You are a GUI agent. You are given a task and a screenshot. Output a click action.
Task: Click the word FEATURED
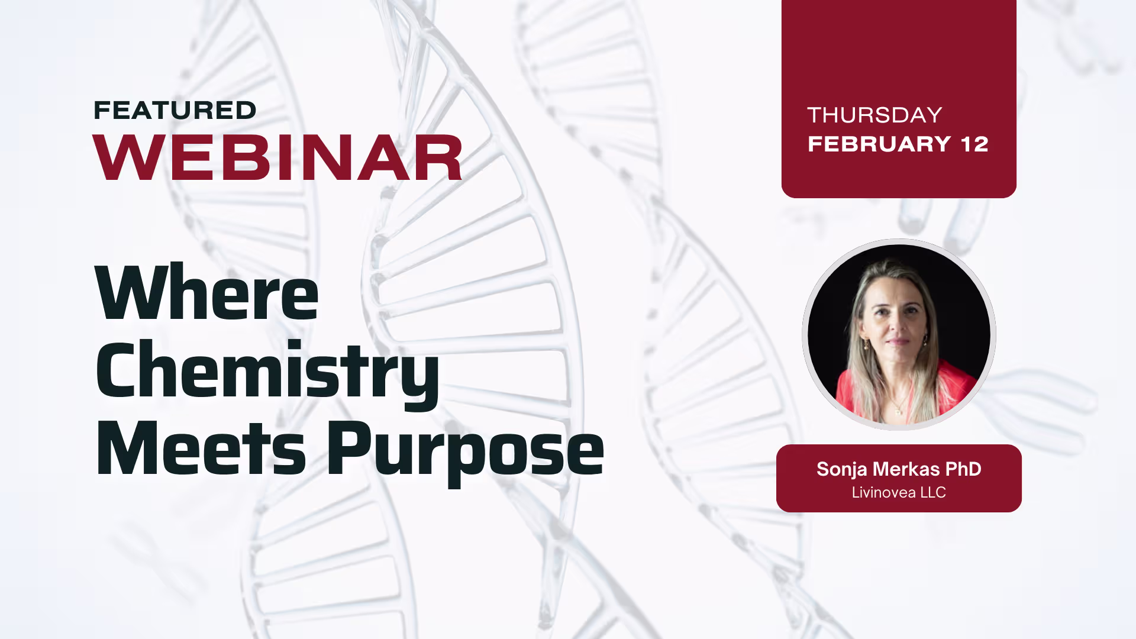(x=175, y=111)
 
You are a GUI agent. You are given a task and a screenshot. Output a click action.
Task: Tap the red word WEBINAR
(x=278, y=157)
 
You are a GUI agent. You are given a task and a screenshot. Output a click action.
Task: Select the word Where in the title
(x=207, y=293)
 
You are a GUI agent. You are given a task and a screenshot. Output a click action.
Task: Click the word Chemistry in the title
(x=267, y=373)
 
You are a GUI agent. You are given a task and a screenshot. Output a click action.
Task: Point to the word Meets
(x=201, y=448)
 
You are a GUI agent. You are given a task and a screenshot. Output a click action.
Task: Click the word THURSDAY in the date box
(x=874, y=115)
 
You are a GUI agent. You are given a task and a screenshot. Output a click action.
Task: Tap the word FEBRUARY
(x=879, y=144)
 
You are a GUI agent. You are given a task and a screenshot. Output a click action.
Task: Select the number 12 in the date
(x=975, y=144)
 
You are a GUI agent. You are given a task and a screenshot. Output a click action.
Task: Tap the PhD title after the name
(x=963, y=469)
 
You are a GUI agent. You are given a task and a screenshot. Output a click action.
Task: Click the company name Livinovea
(x=883, y=492)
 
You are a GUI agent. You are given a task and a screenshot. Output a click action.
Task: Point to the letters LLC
(x=933, y=492)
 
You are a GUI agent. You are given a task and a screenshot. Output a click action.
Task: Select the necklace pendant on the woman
(x=899, y=410)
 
